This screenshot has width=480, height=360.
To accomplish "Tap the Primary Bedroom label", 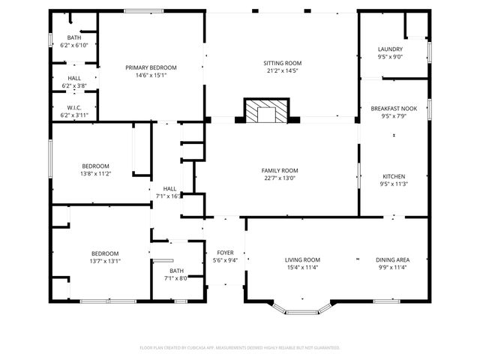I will (151, 67).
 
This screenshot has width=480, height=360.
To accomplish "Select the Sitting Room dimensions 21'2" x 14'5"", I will (282, 71).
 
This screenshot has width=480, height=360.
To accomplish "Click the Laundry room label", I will (390, 49).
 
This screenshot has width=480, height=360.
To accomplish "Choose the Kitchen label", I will (394, 177).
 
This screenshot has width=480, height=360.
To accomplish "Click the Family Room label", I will (280, 170).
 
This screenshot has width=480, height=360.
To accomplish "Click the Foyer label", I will (225, 253).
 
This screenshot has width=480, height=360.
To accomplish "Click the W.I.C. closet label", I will (74, 107).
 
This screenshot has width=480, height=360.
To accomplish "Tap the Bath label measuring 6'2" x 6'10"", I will (74, 37).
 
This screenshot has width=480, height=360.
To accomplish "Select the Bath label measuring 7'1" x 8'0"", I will (176, 271).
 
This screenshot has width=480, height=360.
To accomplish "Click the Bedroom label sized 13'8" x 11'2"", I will (96, 166).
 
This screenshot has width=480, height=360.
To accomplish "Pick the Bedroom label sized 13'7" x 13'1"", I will (105, 253).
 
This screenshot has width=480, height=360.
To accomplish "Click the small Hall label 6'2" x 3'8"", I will (74, 78).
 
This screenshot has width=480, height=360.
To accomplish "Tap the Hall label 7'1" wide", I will (169, 188).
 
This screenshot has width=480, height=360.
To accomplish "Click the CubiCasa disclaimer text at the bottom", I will (240, 347).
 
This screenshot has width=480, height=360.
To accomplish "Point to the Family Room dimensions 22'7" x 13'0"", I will (280, 178).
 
